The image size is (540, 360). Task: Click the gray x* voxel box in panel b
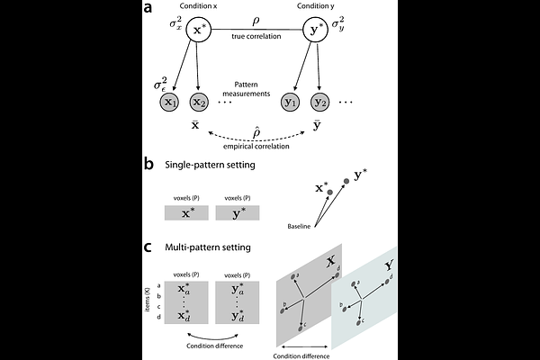tap(186, 215)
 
